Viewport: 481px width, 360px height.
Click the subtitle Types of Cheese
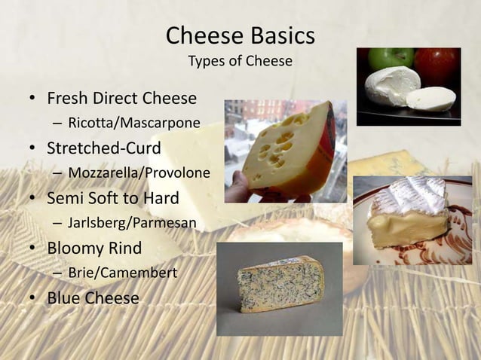(x=240, y=61)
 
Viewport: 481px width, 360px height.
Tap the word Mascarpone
(x=160, y=122)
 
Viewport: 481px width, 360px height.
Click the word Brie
(x=80, y=273)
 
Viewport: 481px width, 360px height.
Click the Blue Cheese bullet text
(x=93, y=298)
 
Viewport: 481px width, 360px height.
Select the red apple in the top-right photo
(x=439, y=64)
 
